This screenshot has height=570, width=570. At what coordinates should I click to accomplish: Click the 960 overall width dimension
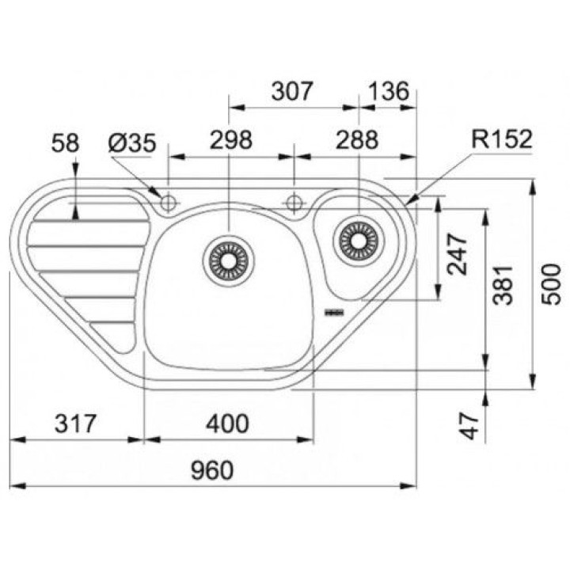click(x=212, y=470)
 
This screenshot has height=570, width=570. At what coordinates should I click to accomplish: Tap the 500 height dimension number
click(x=551, y=284)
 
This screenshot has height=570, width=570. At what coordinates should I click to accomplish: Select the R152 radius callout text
click(x=502, y=139)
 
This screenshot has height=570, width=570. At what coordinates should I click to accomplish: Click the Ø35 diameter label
click(x=132, y=142)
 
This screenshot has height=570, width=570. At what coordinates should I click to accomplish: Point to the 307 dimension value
click(x=292, y=91)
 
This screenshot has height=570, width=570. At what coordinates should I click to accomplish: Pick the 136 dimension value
click(x=389, y=91)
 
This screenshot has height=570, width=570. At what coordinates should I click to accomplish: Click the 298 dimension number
click(x=231, y=139)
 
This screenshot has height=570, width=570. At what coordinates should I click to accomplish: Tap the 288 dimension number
click(x=357, y=139)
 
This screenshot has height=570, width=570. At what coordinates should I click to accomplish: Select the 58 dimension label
click(x=65, y=142)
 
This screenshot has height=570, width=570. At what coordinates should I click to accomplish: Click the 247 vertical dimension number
click(x=457, y=254)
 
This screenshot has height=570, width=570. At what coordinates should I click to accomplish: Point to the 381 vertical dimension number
click(x=503, y=285)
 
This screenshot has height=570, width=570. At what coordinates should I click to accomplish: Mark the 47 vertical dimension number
click(x=469, y=426)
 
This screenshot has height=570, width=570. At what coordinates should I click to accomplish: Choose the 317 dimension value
click(x=75, y=424)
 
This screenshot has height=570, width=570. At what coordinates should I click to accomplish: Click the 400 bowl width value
click(x=227, y=424)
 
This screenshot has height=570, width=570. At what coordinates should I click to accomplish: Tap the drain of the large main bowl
click(x=229, y=260)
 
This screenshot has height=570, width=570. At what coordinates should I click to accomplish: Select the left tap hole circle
click(x=169, y=203)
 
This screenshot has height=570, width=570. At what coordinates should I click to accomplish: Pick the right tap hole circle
click(x=294, y=203)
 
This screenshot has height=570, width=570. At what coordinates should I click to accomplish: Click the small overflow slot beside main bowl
click(x=334, y=312)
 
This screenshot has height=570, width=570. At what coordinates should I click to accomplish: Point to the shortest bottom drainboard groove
click(x=112, y=322)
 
